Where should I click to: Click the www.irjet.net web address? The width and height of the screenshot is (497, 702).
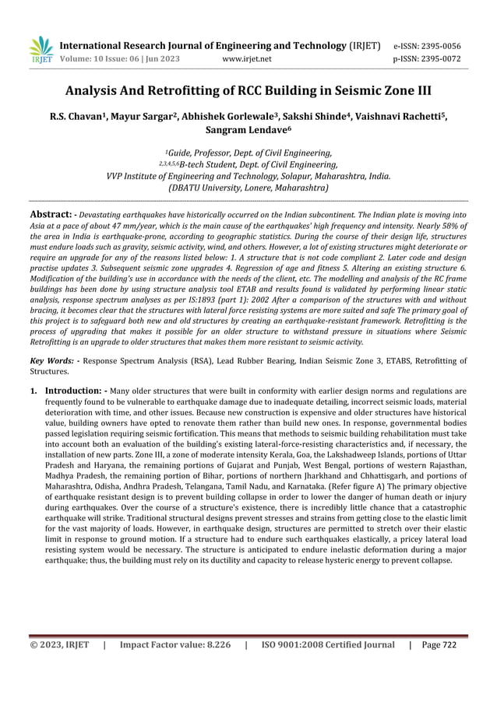(247, 58)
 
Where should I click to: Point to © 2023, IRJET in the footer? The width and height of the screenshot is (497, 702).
(59, 644)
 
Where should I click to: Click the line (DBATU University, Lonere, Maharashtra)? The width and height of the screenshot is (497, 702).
(248, 188)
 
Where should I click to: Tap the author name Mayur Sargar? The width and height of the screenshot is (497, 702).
(143, 118)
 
